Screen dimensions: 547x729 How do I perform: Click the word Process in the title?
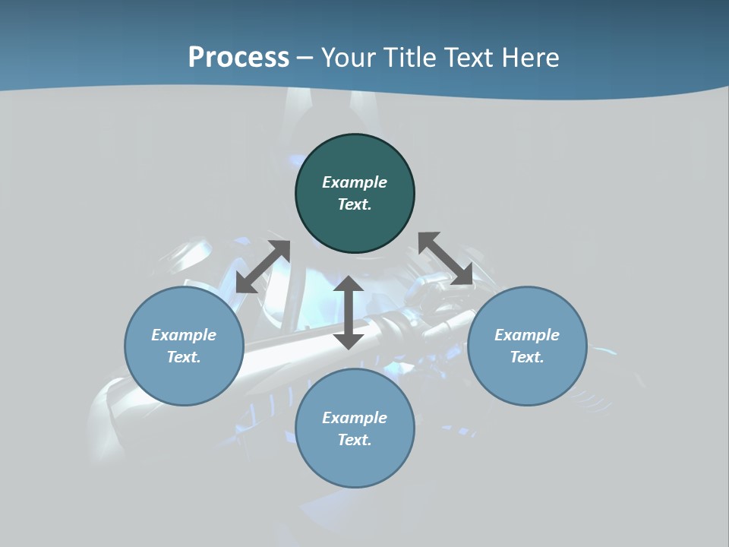[238, 58]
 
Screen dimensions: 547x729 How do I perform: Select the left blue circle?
[184, 380]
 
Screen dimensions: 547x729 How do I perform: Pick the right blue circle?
[527, 380]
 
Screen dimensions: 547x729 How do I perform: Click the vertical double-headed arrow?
[349, 312]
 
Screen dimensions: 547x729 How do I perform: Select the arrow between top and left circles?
[264, 267]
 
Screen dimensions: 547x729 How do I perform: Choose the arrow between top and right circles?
[445, 258]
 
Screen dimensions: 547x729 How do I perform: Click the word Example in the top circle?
[355, 182]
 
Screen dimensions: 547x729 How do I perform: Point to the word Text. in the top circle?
[355, 204]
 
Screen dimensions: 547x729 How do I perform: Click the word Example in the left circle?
[184, 335]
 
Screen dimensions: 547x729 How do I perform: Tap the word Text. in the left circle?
[184, 357]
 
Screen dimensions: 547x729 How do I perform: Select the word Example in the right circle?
[527, 335]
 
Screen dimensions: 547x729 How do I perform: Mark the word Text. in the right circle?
[527, 357]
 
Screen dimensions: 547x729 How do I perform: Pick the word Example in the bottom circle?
[355, 418]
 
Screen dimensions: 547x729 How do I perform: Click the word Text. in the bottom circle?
[355, 440]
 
